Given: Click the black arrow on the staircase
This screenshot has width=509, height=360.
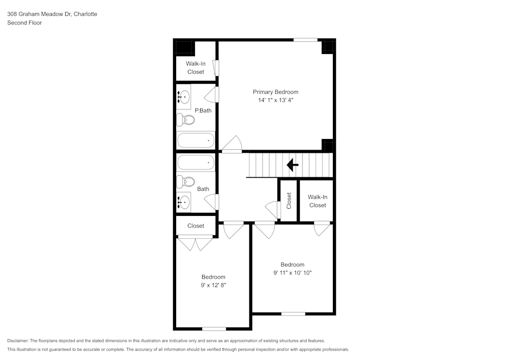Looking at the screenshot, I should [x=292, y=165].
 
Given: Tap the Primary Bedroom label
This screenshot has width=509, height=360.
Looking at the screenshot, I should [x=275, y=92].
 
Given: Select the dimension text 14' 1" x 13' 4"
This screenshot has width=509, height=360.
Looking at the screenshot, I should [x=275, y=101].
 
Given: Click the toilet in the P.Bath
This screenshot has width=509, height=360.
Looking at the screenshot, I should [x=186, y=120].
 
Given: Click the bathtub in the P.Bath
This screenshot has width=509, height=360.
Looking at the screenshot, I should [x=195, y=140].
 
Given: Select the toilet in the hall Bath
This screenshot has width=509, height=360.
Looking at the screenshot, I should [x=186, y=182].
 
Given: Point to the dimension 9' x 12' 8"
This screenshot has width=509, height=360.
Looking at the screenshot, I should [x=213, y=286].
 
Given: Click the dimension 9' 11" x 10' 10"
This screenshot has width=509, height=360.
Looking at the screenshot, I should [x=292, y=273].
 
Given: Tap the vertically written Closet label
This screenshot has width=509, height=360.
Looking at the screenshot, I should [x=289, y=201].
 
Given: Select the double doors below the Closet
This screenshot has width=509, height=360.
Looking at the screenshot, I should [x=195, y=243].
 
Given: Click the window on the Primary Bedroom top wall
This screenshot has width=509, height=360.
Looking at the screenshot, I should [x=305, y=40].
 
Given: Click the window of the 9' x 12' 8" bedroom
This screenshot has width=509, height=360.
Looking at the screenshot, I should [x=214, y=328].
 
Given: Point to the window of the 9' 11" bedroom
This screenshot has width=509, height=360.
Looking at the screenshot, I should [x=293, y=314].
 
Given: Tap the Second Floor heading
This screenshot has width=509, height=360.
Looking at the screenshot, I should [x=24, y=23].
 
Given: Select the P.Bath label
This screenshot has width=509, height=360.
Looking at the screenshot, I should [x=203, y=110].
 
